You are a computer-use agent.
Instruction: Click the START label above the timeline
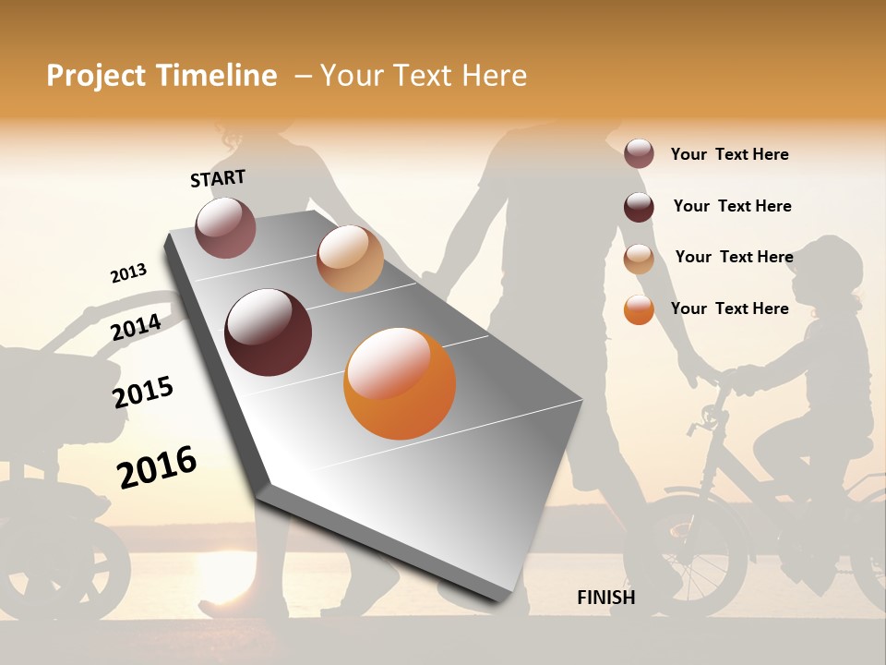pyautogui.click(x=218, y=178)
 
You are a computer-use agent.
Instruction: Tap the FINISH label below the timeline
pyautogui.click(x=605, y=598)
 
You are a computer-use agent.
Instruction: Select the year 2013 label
pyautogui.click(x=128, y=273)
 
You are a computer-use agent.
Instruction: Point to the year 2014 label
pyautogui.click(x=136, y=327)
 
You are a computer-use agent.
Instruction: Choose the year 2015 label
pyautogui.click(x=143, y=392)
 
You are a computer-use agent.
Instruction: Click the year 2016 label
pyautogui.click(x=157, y=466)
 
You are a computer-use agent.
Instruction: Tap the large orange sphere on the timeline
pyautogui.click(x=400, y=383)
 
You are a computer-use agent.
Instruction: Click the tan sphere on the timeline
pyautogui.click(x=350, y=259)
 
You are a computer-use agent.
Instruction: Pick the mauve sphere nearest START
pyautogui.click(x=226, y=227)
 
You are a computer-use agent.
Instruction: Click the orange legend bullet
pyautogui.click(x=639, y=309)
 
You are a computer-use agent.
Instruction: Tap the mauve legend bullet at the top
pyautogui.click(x=639, y=154)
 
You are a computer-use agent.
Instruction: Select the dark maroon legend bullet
pyautogui.click(x=639, y=207)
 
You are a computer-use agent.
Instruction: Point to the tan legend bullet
pyautogui.click(x=639, y=259)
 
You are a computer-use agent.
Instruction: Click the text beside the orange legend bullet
pyautogui.click(x=729, y=308)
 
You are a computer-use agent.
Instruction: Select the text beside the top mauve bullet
pyautogui.click(x=729, y=154)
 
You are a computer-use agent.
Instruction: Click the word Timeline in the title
pyautogui.click(x=220, y=76)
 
